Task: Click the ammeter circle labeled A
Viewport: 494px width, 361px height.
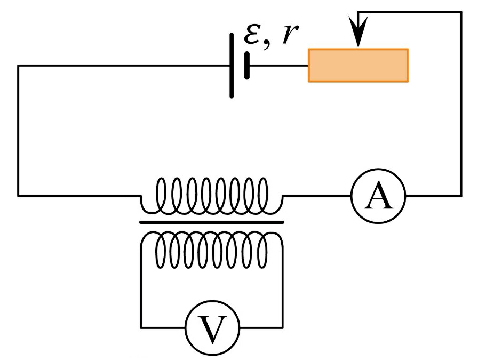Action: [x=378, y=170]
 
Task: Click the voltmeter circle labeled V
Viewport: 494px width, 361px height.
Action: [x=212, y=301]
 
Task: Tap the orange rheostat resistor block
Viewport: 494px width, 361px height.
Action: [x=358, y=66]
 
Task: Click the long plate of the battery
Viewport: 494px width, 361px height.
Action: [x=232, y=66]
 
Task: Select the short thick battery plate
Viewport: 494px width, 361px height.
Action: [x=247, y=66]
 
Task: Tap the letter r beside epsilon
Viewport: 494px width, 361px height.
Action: [x=290, y=34]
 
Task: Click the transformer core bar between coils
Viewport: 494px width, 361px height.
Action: [x=212, y=222]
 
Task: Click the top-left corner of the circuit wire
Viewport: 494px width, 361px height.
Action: [x=18, y=66]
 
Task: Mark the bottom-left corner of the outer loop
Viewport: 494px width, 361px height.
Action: [x=18, y=196]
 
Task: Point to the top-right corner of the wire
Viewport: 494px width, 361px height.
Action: [x=461, y=12]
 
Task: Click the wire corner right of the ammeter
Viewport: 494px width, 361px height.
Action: [x=461, y=196]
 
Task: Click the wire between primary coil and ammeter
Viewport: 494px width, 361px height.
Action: [x=317, y=196]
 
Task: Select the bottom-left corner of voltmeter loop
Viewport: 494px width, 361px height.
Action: [x=141, y=327]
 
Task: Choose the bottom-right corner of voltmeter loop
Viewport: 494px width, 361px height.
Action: [x=283, y=327]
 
